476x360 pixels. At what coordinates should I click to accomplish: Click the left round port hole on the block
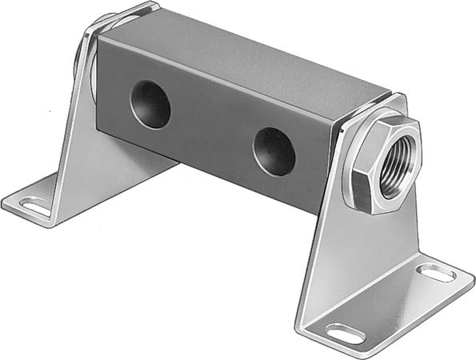[x=150, y=105]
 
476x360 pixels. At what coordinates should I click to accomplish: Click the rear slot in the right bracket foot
[x=437, y=273]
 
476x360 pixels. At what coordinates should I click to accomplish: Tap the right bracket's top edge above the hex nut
[x=376, y=104]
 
